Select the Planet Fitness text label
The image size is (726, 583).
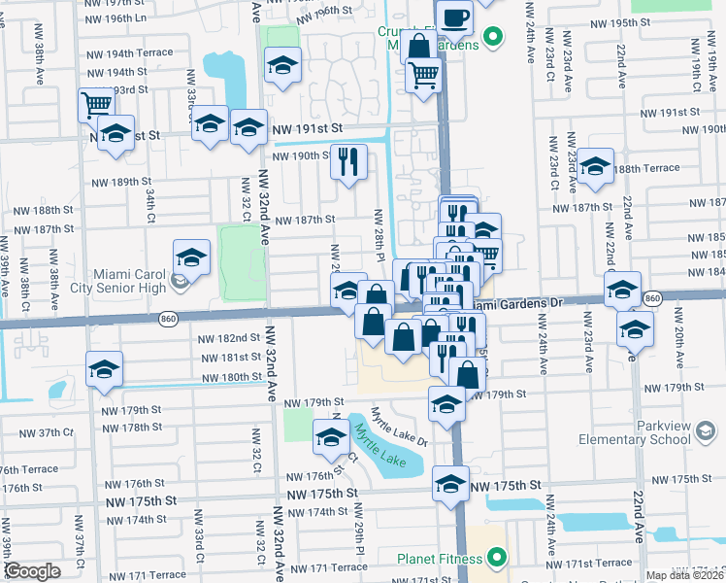438,559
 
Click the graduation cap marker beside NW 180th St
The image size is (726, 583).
104,369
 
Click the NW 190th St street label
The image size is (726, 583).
304,155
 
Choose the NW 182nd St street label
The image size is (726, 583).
229,337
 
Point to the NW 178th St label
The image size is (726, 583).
129,428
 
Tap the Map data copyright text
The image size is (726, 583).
685,575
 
